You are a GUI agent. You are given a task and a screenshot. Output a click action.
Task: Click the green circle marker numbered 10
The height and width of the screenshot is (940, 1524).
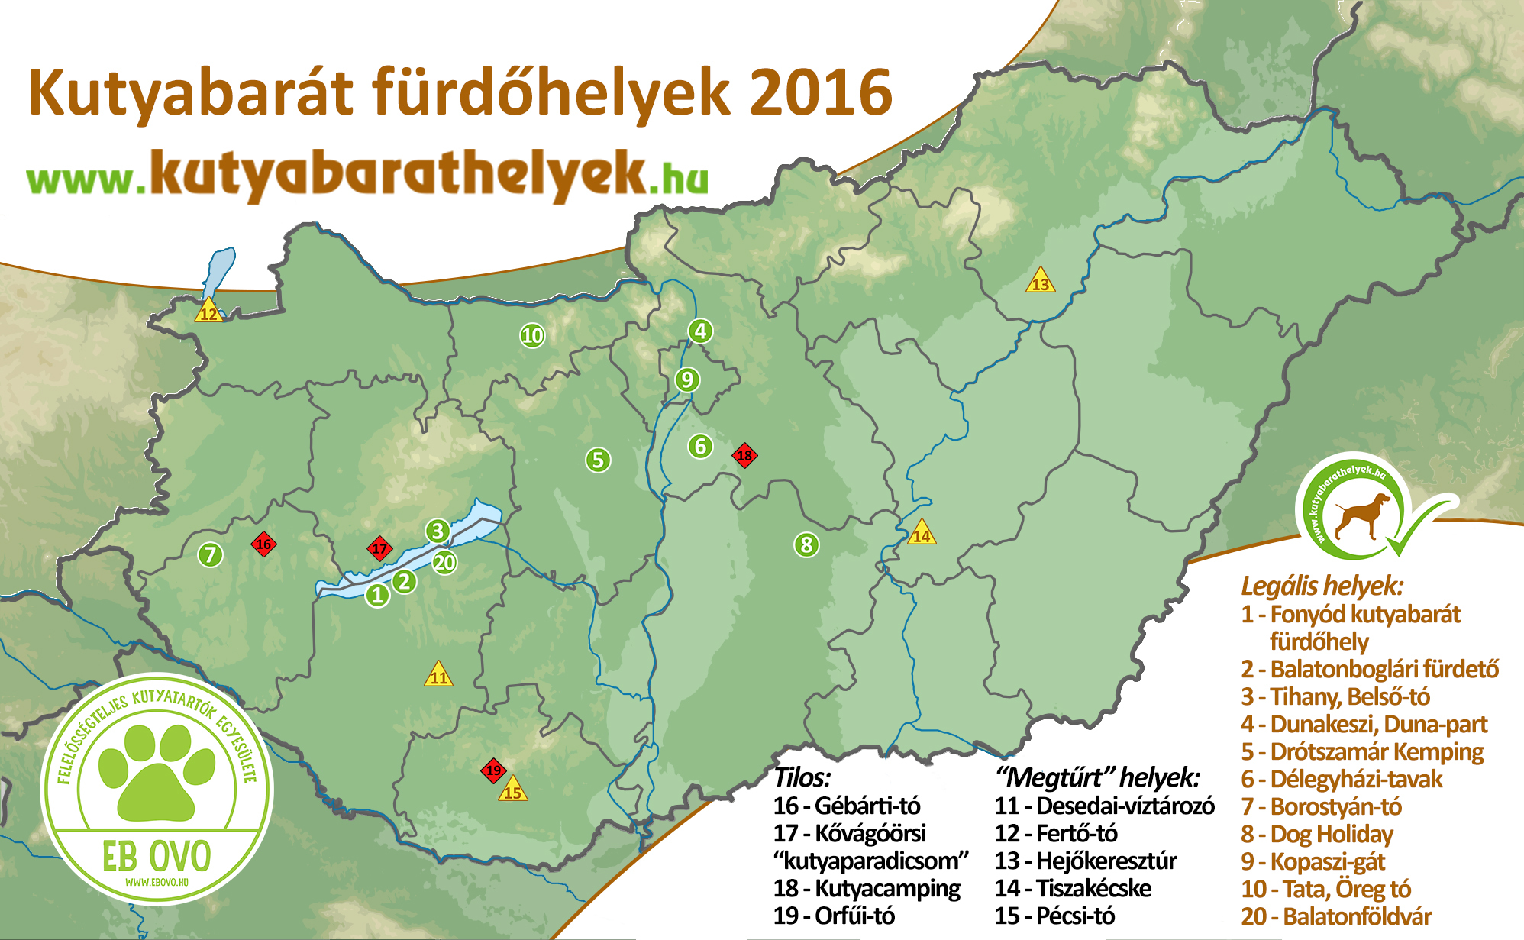pyautogui.click(x=532, y=335)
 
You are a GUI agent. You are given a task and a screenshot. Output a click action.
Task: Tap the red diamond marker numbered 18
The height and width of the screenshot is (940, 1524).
pyautogui.click(x=744, y=456)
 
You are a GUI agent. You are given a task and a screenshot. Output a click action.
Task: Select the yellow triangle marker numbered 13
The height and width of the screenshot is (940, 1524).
pyautogui.click(x=1040, y=283)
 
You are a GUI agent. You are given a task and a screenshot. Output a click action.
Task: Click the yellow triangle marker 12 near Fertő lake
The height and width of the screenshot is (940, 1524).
pyautogui.click(x=208, y=312)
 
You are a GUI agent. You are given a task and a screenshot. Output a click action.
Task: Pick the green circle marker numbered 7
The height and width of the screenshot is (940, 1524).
pyautogui.click(x=211, y=554)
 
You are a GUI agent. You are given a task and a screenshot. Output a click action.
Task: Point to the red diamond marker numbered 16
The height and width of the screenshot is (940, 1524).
pyautogui.click(x=263, y=544)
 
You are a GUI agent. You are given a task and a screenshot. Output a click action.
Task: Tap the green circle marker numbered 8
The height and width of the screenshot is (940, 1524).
pyautogui.click(x=806, y=545)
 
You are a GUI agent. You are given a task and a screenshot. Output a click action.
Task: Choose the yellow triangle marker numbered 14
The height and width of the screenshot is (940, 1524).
pyautogui.click(x=922, y=534)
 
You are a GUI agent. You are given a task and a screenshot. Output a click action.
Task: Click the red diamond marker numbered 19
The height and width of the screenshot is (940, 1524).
pyautogui.click(x=493, y=770)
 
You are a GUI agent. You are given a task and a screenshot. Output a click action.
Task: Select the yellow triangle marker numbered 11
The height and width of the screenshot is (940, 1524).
pyautogui.click(x=438, y=676)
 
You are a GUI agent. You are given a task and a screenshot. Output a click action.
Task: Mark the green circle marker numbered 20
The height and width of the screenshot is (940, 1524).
pyautogui.click(x=444, y=563)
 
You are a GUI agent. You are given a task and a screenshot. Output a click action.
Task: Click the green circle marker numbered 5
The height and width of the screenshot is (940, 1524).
pyautogui.click(x=598, y=460)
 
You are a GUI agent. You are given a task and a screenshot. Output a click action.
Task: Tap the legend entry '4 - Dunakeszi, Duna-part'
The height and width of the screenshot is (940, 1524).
pyautogui.click(x=1364, y=724)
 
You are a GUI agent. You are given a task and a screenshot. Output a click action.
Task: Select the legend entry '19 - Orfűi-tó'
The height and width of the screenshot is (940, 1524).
pyautogui.click(x=834, y=916)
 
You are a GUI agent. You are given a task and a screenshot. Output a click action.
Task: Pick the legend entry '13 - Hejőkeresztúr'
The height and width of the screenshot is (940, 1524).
pyautogui.click(x=1085, y=861)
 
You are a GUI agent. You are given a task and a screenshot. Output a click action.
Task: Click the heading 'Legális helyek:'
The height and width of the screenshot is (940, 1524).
pyautogui.click(x=1322, y=586)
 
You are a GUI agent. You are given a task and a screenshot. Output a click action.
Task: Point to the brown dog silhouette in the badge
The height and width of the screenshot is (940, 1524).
pyautogui.click(x=1363, y=515)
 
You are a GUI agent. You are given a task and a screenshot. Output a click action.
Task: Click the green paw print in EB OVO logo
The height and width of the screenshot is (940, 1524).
pyautogui.click(x=157, y=771)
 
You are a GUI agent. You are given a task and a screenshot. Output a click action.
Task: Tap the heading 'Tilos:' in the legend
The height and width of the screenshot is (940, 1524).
pyautogui.click(x=802, y=777)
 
